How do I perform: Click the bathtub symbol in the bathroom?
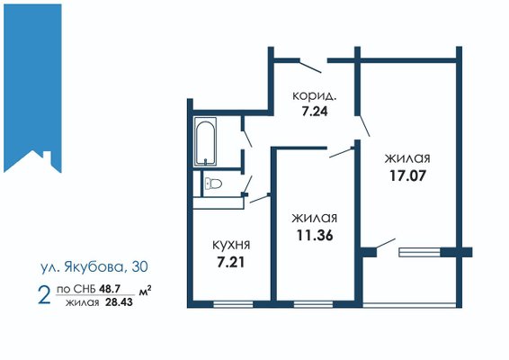tap(205, 141)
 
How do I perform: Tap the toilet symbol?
tap(213, 184)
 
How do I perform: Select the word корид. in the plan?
tap(314, 96)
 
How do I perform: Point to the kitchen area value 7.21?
tap(231, 262)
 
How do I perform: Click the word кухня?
tap(231, 245)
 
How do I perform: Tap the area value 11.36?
tap(315, 235)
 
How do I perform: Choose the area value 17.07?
tap(407, 175)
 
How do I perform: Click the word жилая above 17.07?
tap(407, 158)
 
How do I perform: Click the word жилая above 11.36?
tap(314, 218)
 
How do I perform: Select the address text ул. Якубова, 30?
tap(94, 267)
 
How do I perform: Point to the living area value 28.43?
tap(119, 302)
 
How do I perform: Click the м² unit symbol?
tap(146, 291)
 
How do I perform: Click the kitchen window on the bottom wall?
tap(233, 304)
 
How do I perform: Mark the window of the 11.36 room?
tap(314, 304)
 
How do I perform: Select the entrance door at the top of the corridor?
tap(310, 66)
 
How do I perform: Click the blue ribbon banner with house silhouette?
tap(32, 88)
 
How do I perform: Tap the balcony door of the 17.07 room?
tap(386, 246)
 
